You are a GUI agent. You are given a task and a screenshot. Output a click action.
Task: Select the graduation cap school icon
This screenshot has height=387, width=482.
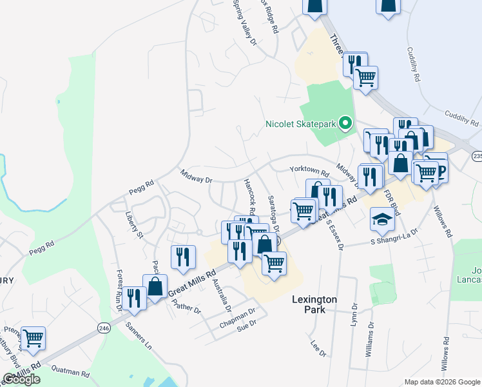[382, 220]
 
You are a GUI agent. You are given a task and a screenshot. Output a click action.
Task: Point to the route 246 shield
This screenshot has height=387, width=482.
[104, 328]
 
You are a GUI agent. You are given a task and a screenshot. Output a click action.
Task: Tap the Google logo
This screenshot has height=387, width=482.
[21, 379]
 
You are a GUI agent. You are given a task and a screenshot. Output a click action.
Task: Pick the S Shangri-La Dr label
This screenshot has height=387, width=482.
[394, 236]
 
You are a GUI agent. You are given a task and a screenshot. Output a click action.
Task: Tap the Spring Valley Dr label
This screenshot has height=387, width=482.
[245, 22]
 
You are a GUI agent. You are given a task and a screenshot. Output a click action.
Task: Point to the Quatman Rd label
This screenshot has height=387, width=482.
[71, 372]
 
